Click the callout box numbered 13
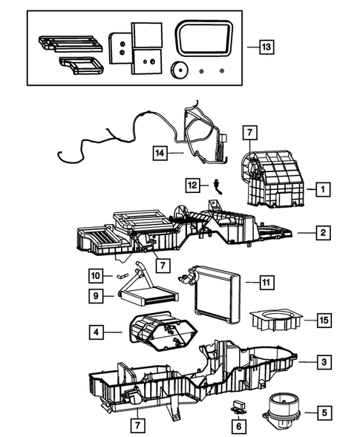tap(266, 47)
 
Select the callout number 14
tap(159, 153)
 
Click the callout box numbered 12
tap(192, 184)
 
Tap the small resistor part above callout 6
tap(238, 407)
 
